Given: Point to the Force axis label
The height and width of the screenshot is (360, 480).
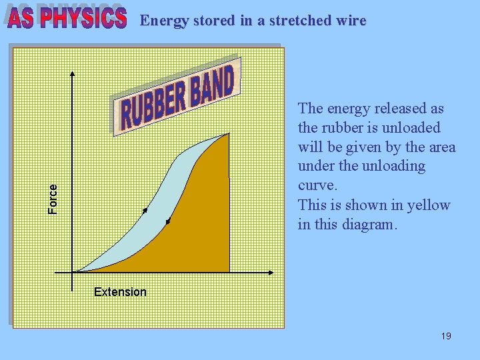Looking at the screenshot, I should pyautogui.click(x=53, y=199).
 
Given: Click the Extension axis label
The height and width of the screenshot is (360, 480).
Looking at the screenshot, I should pyautogui.click(x=120, y=292).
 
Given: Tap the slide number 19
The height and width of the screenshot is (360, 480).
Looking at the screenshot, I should pyautogui.click(x=446, y=336).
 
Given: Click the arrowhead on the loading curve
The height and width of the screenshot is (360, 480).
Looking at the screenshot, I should pyautogui.click(x=145, y=211).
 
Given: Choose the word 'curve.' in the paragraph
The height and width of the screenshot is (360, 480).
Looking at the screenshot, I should pyautogui.click(x=318, y=185).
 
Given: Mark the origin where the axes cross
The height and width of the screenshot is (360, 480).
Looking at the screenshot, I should pyautogui.click(x=73, y=272).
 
